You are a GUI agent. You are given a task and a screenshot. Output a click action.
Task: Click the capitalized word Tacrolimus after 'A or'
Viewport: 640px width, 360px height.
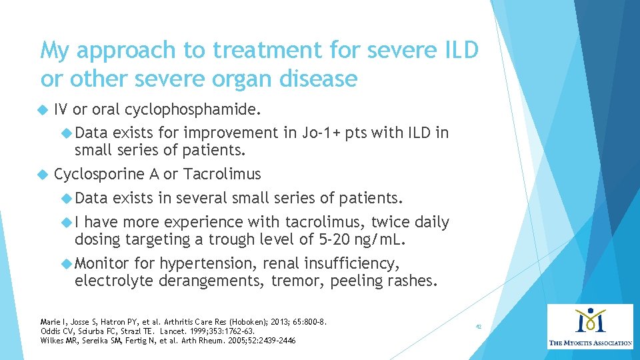point(222,175)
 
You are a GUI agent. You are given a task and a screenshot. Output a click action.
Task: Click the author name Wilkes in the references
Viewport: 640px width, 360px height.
point(53,340)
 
